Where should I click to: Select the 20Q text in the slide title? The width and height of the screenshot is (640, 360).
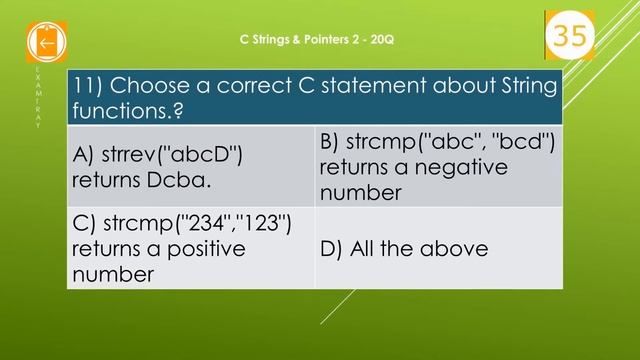pos(384,40)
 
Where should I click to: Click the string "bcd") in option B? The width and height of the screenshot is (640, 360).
pos(519,143)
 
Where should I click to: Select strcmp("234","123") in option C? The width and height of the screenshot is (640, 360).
pos(182,223)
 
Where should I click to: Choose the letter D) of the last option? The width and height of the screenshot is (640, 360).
pos(333,248)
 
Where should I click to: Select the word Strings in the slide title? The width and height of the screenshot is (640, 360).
pos(264,40)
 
